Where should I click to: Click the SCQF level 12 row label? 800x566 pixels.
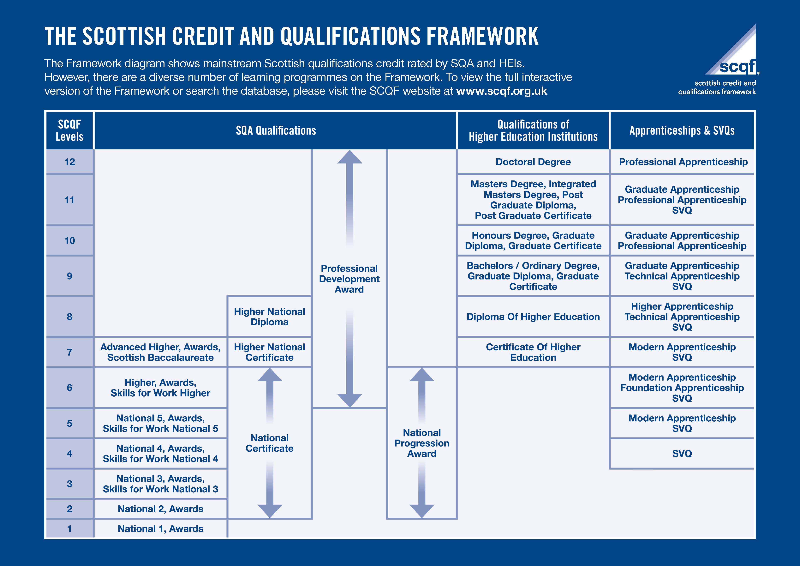click(x=70, y=162)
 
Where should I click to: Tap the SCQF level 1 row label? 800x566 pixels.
click(x=70, y=529)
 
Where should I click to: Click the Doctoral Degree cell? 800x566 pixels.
click(x=533, y=162)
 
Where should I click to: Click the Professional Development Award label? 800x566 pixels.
click(x=349, y=279)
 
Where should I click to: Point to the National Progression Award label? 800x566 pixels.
click(x=422, y=443)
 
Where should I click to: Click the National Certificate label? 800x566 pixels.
click(x=269, y=443)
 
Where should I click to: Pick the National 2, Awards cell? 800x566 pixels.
click(x=160, y=509)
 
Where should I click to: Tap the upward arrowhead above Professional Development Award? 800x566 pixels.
click(x=349, y=158)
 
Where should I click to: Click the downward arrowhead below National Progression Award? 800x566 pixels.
click(x=422, y=511)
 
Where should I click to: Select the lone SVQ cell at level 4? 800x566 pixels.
click(x=682, y=453)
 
